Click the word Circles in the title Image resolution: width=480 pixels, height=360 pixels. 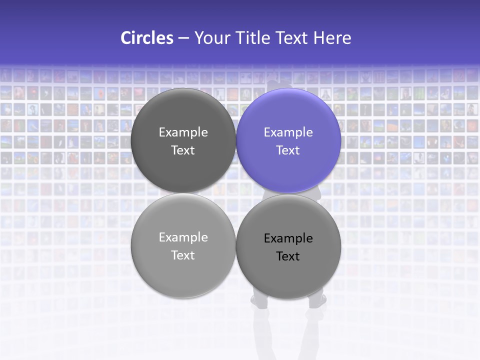tap(146, 38)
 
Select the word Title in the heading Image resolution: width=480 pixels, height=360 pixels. tap(253, 38)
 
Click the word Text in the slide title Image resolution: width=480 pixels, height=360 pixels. tap(292, 38)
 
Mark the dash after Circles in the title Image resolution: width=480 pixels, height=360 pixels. tap(183, 38)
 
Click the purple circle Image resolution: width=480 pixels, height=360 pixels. tap(288, 165)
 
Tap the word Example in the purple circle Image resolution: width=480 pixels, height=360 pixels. tap(288, 132)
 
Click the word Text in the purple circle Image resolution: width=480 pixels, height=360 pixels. tap(288, 150)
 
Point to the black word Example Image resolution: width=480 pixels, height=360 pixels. tap(288, 238)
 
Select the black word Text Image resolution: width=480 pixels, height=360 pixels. tap(288, 256)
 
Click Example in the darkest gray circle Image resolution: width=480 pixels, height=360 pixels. tap(183, 132)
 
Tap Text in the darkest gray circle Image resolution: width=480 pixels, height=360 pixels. tap(183, 150)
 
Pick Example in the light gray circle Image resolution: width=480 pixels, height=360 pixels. tap(183, 237)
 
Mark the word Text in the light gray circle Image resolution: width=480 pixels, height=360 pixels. tap(183, 255)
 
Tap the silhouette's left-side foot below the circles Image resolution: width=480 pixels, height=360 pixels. tap(259, 302)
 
